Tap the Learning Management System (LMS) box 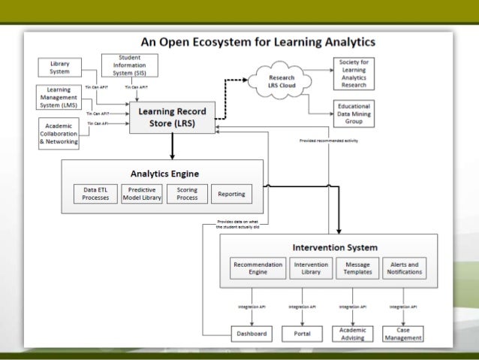pyautogui.click(x=59, y=98)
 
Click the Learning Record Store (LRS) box pyautogui.click(x=172, y=117)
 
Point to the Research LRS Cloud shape pyautogui.click(x=282, y=81)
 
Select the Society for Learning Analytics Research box pyautogui.click(x=354, y=72)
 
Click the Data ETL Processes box pyautogui.click(x=96, y=194)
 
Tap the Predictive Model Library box pyautogui.click(x=142, y=194)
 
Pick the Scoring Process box pyautogui.click(x=187, y=194)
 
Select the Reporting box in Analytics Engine pyautogui.click(x=231, y=194)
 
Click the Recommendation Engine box pyautogui.click(x=258, y=268)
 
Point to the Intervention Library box pyautogui.click(x=310, y=268)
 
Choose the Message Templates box pyautogui.click(x=357, y=268)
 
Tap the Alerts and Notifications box pyautogui.click(x=404, y=268)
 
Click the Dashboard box pyautogui.click(x=252, y=334)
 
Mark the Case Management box pyautogui.click(x=403, y=334)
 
